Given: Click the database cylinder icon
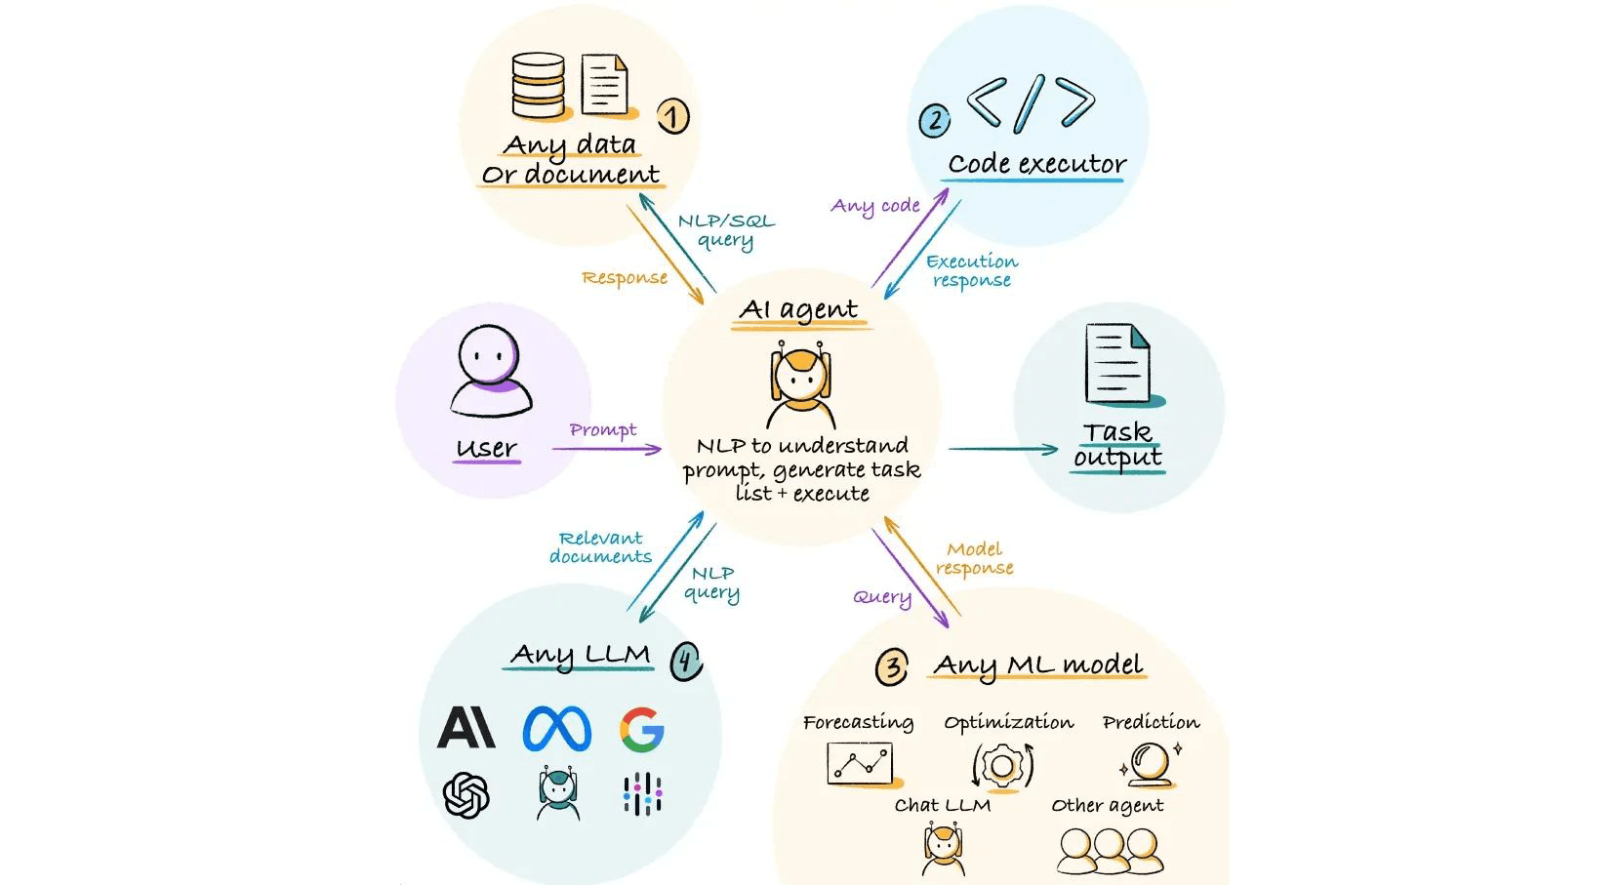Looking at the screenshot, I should click(x=538, y=86).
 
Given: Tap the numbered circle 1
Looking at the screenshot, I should click(x=671, y=117).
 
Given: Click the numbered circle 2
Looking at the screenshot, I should click(x=935, y=121).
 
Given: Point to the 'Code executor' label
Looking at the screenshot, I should click(x=1036, y=164).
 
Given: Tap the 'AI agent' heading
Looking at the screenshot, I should click(x=799, y=310).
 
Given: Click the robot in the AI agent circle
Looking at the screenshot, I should click(x=801, y=384).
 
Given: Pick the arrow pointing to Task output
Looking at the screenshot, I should click(x=1003, y=449).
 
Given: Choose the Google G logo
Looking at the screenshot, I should click(x=641, y=729).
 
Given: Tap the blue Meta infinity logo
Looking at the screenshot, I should click(x=556, y=729).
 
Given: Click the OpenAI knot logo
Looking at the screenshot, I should click(x=466, y=794).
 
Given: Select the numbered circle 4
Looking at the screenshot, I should click(x=686, y=662).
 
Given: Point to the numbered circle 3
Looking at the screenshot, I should click(x=892, y=667).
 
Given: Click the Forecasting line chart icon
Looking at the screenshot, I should click(x=860, y=763).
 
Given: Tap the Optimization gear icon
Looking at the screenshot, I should click(x=1001, y=765).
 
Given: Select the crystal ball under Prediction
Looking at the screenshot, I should click(x=1150, y=764).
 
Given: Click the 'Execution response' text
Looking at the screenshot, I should click(x=972, y=271).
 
